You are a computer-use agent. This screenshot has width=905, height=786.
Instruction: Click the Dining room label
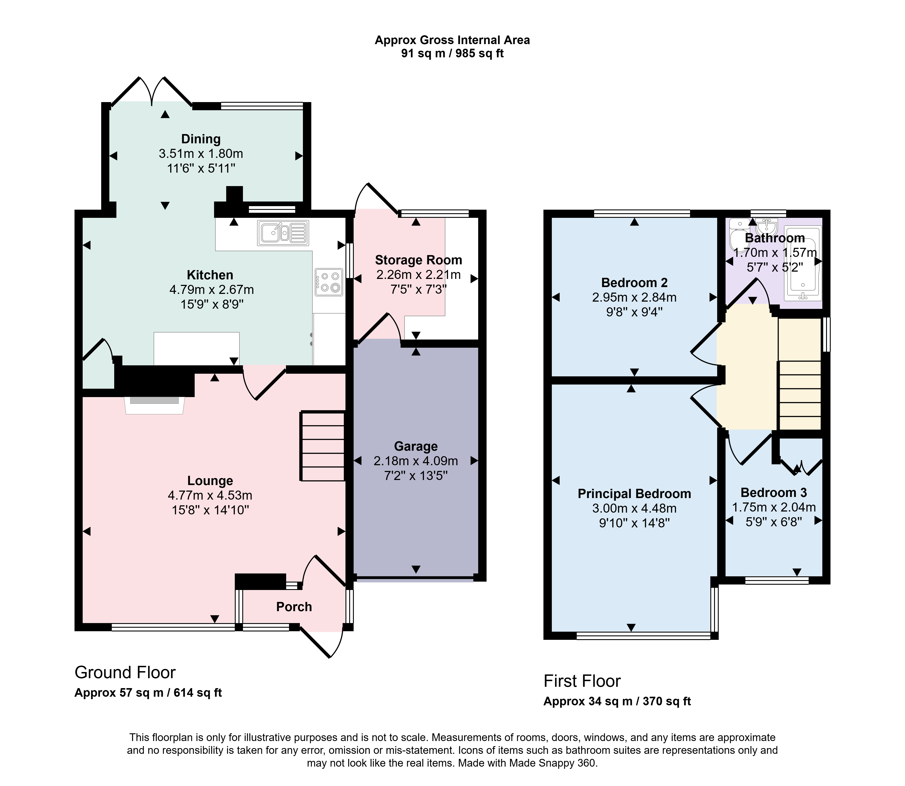[x=201, y=139]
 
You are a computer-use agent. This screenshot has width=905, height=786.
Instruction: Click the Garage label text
[x=416, y=446]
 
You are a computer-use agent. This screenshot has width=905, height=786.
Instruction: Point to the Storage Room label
[x=418, y=260]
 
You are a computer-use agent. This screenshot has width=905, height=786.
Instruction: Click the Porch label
[x=294, y=607]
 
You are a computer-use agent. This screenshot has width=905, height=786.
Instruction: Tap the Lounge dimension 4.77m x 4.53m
[x=210, y=496]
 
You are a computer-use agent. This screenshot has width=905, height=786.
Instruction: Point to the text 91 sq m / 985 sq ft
[x=452, y=54]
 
